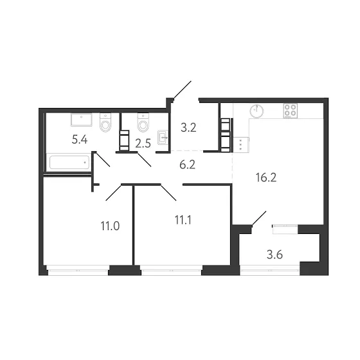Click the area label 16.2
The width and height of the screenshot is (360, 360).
pos(266,177)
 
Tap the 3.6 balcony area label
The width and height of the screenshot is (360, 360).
pos(274,255)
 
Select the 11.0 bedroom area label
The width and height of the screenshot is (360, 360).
pos(110,226)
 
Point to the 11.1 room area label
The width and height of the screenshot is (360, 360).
pos(183,220)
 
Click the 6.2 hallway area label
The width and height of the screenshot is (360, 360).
pos(187,165)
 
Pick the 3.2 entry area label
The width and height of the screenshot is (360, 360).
pos(188,128)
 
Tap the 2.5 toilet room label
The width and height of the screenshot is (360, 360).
pos(143,144)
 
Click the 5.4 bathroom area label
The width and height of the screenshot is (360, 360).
pos(80,139)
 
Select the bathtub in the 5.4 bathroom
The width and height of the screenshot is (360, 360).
pos(69,162)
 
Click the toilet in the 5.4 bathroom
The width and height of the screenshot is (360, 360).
pos(105,123)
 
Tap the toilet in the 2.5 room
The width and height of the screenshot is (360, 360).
pos(143,123)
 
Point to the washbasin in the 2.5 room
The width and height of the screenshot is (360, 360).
pos(163,138)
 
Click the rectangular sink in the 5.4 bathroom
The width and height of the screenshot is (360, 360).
pos(82,120)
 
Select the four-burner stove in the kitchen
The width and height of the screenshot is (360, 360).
pos(290,111)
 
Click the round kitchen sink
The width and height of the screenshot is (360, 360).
pos(256,111)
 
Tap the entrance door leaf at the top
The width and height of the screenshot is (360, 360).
pos(183,90)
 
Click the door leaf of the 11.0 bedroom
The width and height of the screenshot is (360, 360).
pos(113,192)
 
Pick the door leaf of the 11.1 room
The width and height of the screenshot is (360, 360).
pos(168,192)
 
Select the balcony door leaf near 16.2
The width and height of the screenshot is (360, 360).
pos(259,218)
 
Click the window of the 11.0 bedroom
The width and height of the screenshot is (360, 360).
pos(78,270)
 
